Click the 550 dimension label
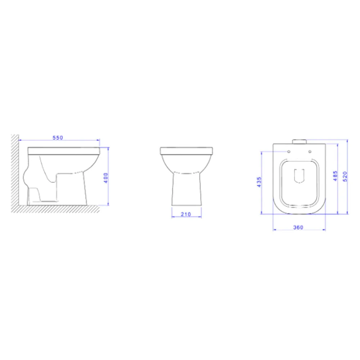58,138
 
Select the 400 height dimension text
106,178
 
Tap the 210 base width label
186,214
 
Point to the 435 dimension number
259,182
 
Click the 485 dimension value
335,176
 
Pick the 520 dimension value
345,176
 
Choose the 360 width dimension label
298,227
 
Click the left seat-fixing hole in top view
289,152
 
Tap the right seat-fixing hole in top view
310,152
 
